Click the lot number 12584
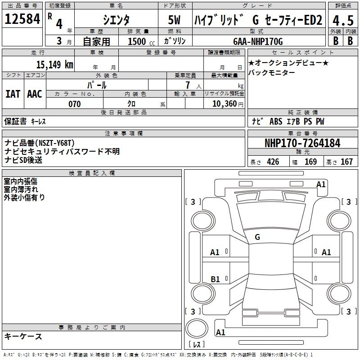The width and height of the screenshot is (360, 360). [22, 19]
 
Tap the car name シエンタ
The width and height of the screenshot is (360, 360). [117, 20]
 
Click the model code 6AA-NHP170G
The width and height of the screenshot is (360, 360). [258, 41]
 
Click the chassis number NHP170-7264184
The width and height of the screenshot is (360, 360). [302, 143]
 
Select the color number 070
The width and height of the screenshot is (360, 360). [74, 104]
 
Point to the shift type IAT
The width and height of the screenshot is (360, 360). [13, 94]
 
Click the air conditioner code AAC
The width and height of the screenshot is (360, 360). [35, 94]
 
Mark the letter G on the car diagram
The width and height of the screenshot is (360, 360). [257, 237]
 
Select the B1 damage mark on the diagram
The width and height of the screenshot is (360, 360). [215, 279]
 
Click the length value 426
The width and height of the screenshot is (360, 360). [272, 162]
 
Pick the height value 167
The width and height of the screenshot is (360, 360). [346, 162]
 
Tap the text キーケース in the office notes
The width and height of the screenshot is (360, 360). [23, 337]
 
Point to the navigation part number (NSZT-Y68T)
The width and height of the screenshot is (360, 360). [54, 143]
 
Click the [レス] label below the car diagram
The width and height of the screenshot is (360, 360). [196, 344]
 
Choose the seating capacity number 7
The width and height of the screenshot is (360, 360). [188, 85]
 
